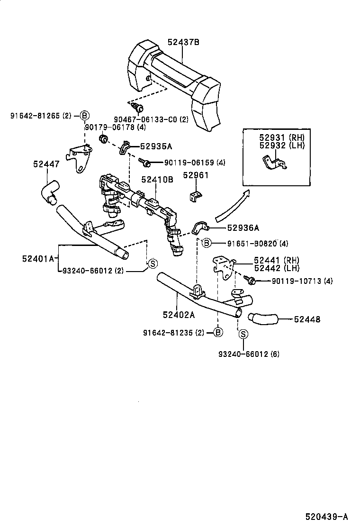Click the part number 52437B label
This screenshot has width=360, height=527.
point(183,42)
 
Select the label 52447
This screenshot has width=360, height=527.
point(46,164)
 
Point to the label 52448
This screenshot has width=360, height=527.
point(306,319)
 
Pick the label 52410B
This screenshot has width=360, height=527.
point(157,180)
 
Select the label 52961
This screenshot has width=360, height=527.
point(196,175)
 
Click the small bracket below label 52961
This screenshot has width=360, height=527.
point(196,195)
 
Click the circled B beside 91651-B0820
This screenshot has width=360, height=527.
point(207,244)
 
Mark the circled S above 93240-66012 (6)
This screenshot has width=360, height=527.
point(243,335)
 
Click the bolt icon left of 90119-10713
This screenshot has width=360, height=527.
point(251,282)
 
